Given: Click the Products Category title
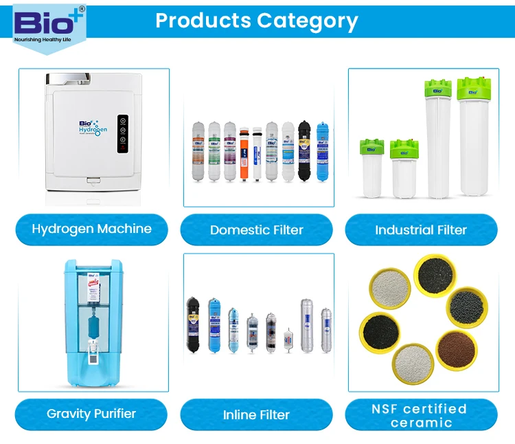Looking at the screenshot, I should [x=257, y=21].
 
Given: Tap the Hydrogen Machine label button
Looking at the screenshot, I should [x=91, y=229].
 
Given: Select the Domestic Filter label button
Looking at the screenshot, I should [x=256, y=230].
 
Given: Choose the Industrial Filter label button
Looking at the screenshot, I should [x=420, y=230].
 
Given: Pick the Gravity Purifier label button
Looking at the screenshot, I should [x=91, y=414].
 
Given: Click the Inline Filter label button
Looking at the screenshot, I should [x=256, y=414].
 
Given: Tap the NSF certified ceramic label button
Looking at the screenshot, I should [x=420, y=415].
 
